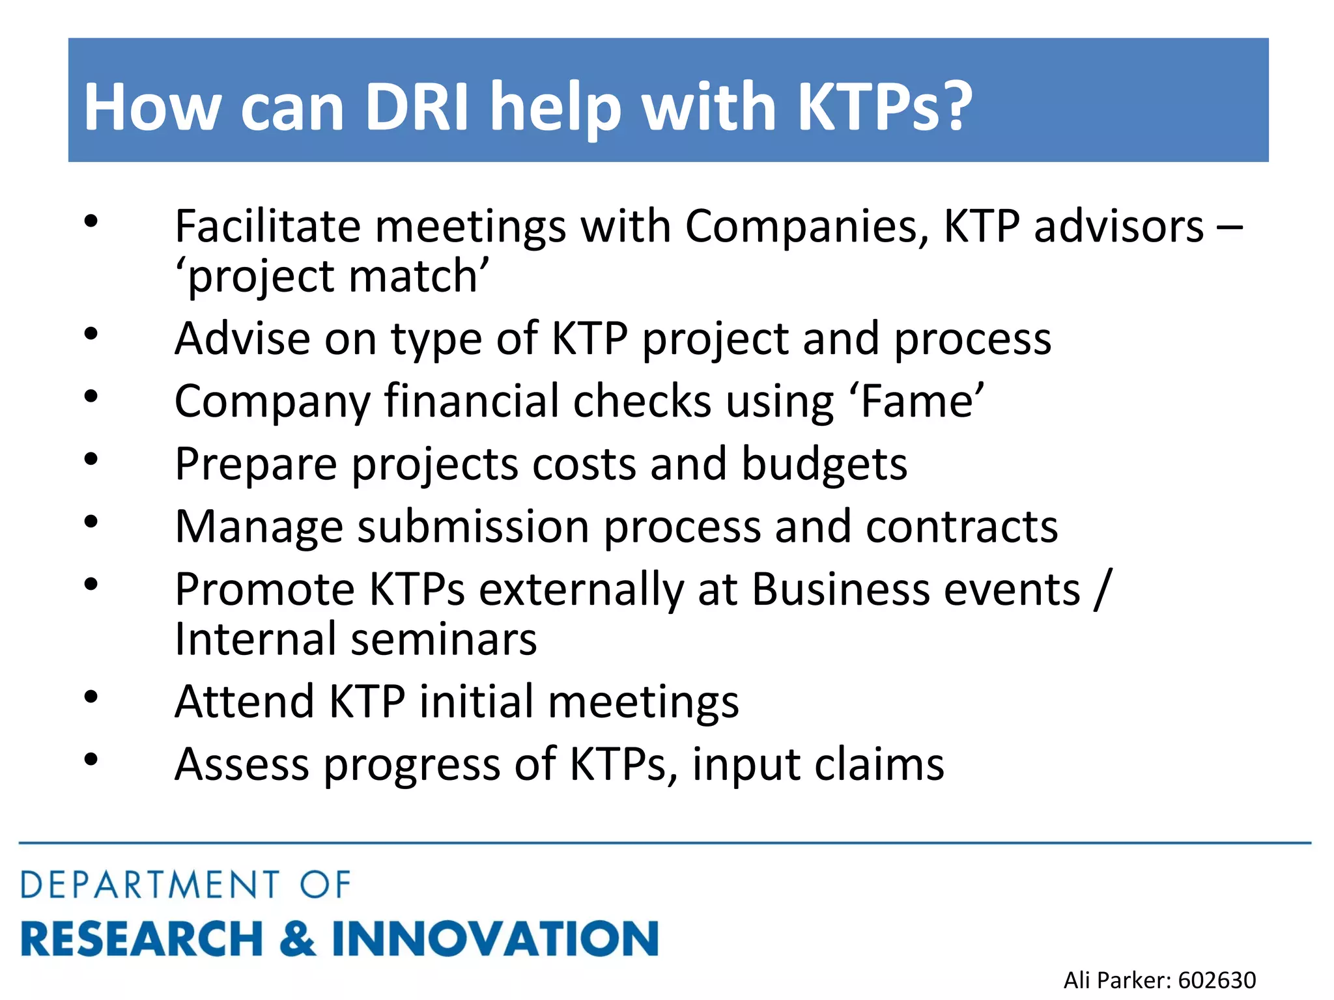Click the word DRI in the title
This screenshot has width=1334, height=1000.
(416, 106)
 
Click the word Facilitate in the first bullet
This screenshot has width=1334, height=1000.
(268, 227)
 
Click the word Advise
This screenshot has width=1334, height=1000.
(242, 339)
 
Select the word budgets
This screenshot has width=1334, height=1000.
(824, 464)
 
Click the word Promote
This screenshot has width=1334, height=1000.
(264, 589)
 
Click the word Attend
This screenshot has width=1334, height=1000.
(245, 702)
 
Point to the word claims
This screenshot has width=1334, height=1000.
(879, 764)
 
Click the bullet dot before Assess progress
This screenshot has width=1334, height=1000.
(91, 759)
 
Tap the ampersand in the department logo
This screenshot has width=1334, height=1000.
(298, 938)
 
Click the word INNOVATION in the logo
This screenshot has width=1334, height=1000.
(495, 938)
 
